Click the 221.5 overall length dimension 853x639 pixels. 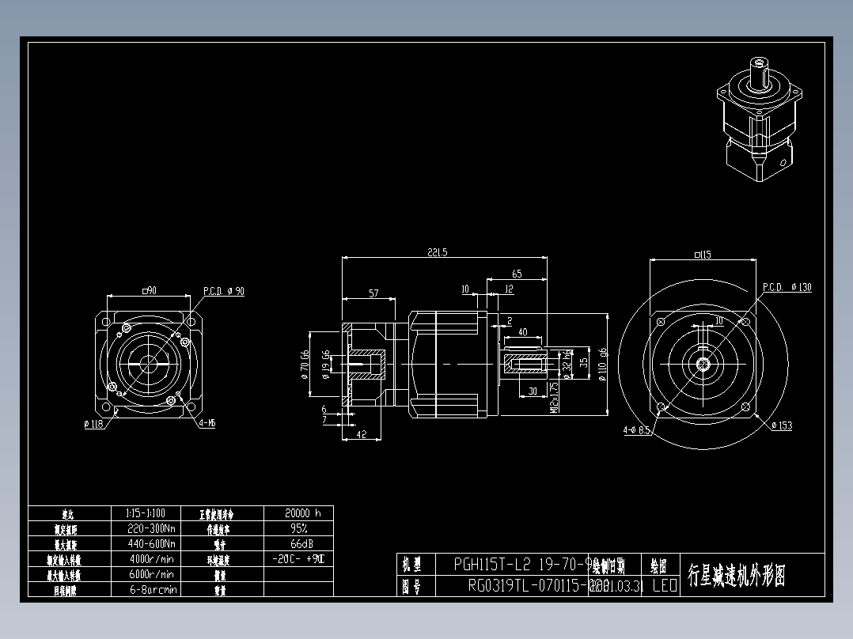[437, 252]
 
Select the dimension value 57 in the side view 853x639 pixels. [373, 293]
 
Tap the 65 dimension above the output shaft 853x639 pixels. [517, 274]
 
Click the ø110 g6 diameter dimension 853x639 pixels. [602, 364]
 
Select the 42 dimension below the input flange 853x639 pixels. [360, 434]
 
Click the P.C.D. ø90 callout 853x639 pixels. [224, 291]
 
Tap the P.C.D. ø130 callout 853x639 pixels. [787, 287]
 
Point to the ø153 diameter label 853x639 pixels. [781, 426]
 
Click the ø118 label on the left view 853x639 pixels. [93, 424]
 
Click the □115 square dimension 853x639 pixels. [702, 255]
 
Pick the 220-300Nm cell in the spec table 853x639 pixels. [150, 528]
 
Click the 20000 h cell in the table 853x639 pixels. [298, 513]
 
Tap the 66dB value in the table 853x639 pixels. [298, 543]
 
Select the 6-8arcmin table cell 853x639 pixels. [150, 589]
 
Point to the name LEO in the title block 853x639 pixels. [664, 586]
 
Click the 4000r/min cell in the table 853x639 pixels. [150, 559]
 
